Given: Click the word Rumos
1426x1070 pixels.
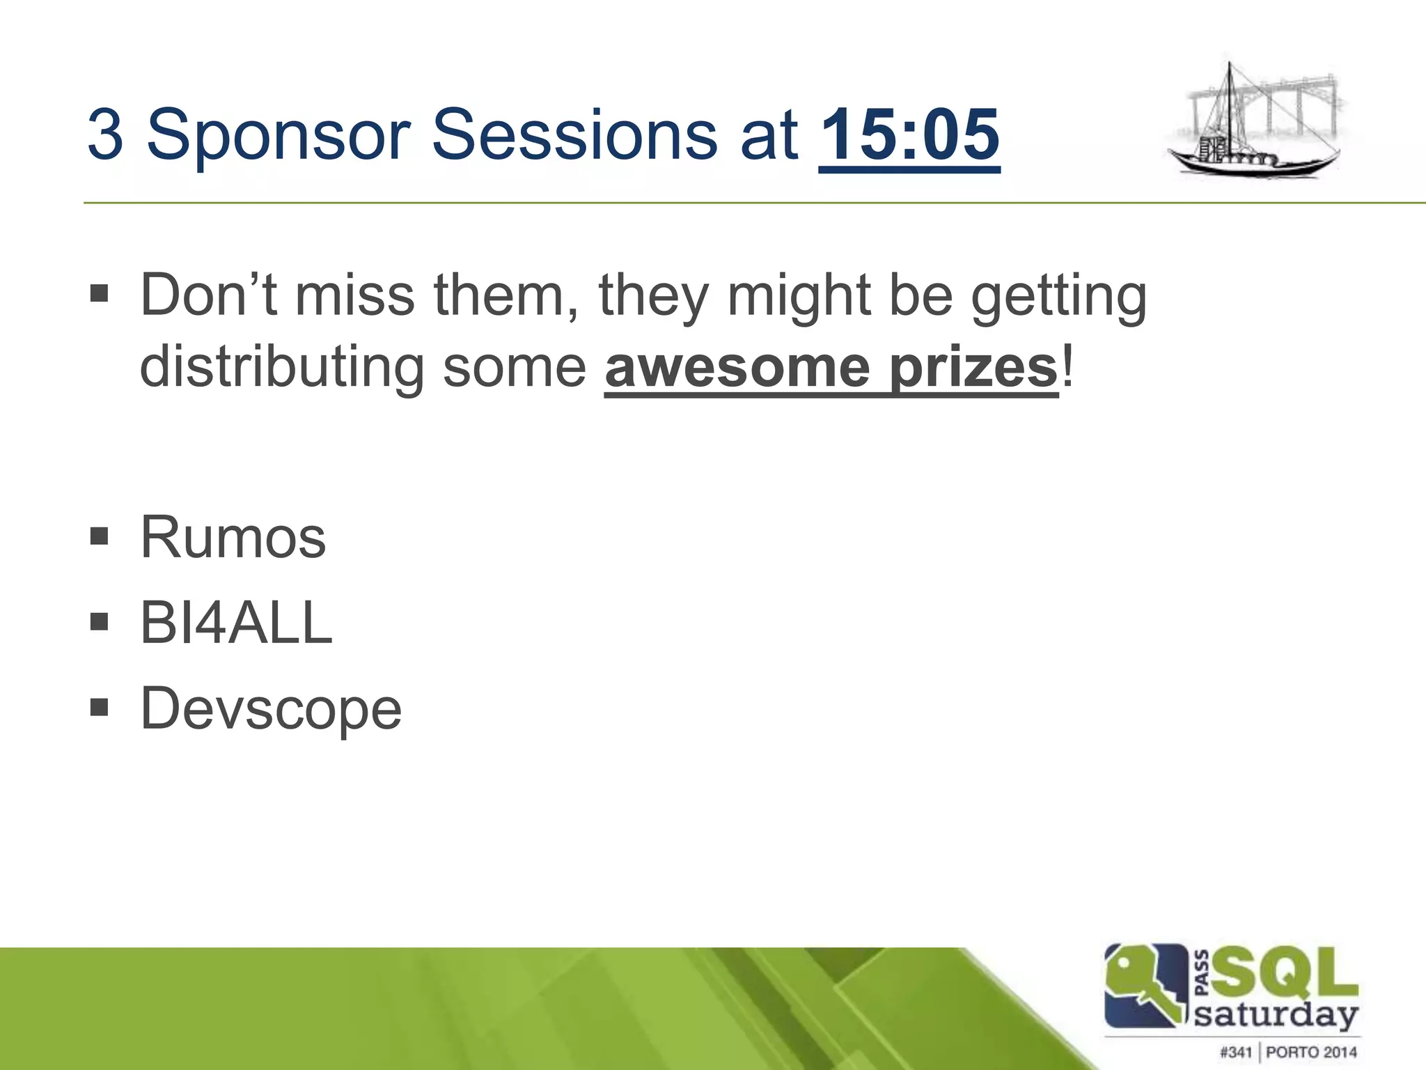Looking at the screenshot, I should click(x=233, y=537).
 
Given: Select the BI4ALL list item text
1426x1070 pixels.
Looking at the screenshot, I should click(x=236, y=623).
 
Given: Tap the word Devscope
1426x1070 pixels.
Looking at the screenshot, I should click(x=271, y=708).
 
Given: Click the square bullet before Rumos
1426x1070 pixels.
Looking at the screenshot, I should click(x=100, y=536).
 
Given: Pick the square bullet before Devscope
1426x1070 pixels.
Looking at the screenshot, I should click(x=100, y=708).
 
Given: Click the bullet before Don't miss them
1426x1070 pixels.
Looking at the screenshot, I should click(x=100, y=293).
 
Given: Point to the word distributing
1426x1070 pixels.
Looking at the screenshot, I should click(x=282, y=367).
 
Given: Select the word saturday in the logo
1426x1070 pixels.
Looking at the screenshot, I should click(x=1276, y=1015).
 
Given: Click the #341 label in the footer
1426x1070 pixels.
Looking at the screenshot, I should click(x=1236, y=1051).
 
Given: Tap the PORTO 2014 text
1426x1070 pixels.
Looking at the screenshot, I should click(x=1311, y=1051).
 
